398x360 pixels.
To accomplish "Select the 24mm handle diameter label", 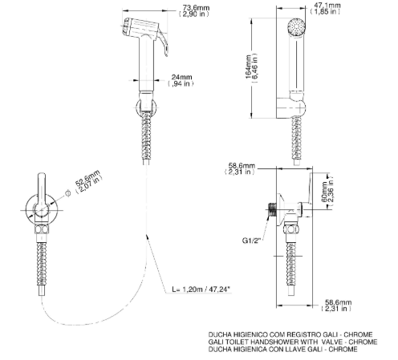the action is [x=181, y=77].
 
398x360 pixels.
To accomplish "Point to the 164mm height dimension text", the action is [x=249, y=67].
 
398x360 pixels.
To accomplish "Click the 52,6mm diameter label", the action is [x=87, y=178].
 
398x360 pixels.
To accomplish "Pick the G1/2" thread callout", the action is [x=251, y=241].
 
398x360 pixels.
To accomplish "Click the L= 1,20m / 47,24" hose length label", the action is [x=201, y=289].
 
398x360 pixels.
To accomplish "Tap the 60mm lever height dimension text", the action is [x=325, y=192].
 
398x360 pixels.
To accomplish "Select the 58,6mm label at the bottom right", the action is [x=338, y=302].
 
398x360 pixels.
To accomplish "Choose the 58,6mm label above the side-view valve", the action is [x=242, y=166].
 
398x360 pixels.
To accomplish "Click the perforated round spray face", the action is [x=297, y=26].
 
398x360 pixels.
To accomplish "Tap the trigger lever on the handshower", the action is [x=163, y=42].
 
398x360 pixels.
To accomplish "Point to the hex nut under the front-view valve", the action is [x=42, y=230].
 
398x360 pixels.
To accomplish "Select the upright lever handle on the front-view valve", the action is [x=42, y=193].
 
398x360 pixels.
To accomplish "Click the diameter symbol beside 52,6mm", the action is [x=68, y=193].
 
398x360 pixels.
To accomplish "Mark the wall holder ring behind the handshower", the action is [x=146, y=108].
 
